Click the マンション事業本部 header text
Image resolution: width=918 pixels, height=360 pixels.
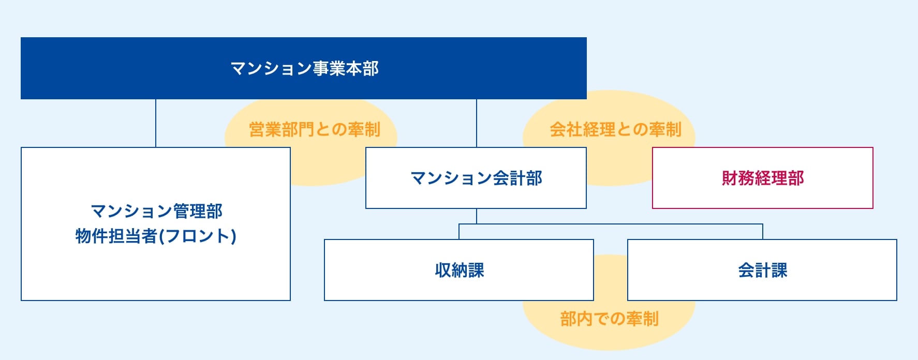tap(304, 68)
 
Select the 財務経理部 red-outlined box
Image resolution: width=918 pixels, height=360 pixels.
tap(762, 178)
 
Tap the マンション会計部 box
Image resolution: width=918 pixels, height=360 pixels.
tap(476, 178)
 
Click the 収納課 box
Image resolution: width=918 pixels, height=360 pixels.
tap(459, 270)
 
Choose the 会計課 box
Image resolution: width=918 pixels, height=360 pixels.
tap(762, 270)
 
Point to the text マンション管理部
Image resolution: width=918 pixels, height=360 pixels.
tap(156, 211)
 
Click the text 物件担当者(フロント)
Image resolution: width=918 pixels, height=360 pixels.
tap(156, 236)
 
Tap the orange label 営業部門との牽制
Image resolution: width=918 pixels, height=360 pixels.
tap(315, 129)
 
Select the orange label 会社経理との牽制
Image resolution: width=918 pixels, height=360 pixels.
tap(615, 129)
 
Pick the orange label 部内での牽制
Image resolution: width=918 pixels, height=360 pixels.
tap(609, 319)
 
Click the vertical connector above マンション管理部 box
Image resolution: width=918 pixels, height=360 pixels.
tap(156, 123)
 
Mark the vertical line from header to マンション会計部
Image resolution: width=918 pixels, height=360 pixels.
tap(477, 123)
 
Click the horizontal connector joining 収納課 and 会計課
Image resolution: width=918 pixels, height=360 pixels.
tap(611, 224)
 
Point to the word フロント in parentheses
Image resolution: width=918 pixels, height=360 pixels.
tap(197, 236)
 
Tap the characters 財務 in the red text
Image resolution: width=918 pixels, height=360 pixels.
tap(738, 178)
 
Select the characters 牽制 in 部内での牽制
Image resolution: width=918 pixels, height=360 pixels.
tap(642, 319)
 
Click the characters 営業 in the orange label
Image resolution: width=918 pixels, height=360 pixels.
tap(265, 129)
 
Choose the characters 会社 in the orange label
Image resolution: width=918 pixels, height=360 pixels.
tap(566, 129)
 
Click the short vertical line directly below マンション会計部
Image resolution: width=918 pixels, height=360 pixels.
tap(477, 216)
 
